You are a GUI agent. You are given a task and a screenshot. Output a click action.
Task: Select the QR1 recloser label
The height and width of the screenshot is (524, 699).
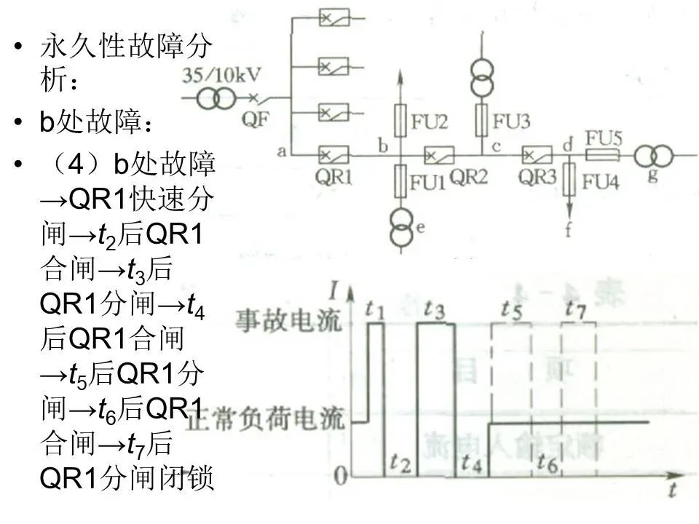pyautogui.click(x=331, y=177)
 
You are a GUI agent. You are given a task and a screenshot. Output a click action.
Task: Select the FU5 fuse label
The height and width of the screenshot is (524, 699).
pyautogui.click(x=604, y=138)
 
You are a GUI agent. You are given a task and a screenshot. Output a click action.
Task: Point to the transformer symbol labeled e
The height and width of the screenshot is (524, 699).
pyautogui.click(x=398, y=225)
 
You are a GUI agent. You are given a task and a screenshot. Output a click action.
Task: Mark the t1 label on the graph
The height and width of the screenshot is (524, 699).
pyautogui.click(x=375, y=310)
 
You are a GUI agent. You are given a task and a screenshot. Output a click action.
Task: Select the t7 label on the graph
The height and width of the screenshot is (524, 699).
pyautogui.click(x=574, y=309)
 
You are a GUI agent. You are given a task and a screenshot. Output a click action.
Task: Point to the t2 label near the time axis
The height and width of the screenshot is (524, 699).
pyautogui.click(x=400, y=461)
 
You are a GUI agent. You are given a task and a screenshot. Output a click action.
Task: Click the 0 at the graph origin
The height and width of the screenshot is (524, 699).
pyautogui.click(x=339, y=477)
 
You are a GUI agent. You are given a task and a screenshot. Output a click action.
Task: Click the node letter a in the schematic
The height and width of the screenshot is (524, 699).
pyautogui.click(x=281, y=151)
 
